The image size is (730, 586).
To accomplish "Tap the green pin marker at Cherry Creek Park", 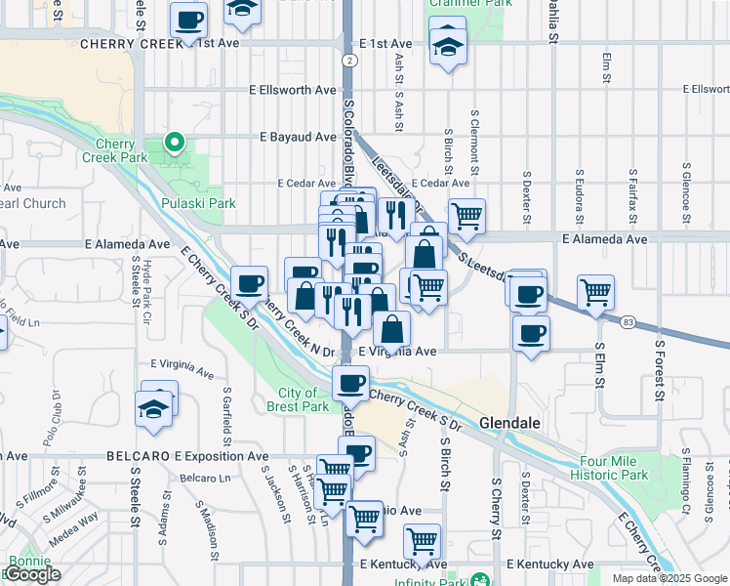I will tap(175, 143).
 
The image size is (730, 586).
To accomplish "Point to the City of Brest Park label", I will tap(297, 399).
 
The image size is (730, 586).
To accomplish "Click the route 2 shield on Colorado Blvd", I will tap(348, 61).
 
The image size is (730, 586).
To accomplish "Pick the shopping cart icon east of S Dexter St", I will tap(595, 290).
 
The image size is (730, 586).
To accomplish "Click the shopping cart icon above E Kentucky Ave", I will tap(422, 540).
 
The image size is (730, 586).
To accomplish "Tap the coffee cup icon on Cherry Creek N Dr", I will tap(251, 282).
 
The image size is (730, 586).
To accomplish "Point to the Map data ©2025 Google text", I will tap(669, 578).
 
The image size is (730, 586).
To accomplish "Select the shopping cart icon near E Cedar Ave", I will tap(466, 216).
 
